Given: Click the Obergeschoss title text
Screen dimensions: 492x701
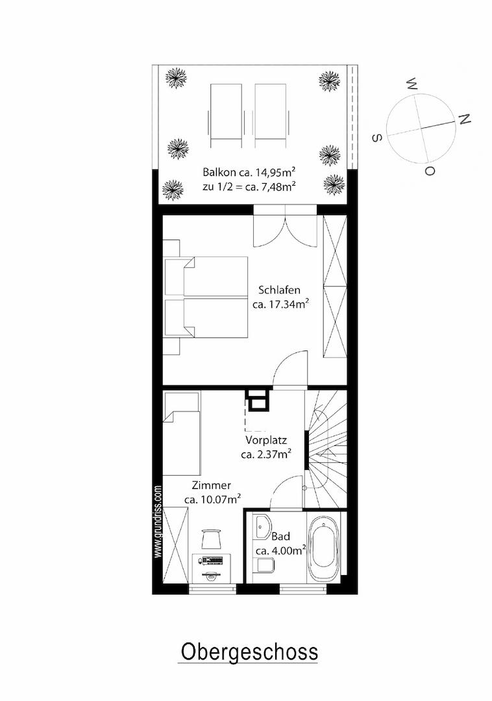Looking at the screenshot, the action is tap(249, 653).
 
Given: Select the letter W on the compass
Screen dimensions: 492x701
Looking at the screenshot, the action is tap(412, 84).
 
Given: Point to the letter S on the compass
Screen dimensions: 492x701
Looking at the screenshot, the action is tap(377, 138).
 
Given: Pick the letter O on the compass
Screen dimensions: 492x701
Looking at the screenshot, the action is tap(430, 171).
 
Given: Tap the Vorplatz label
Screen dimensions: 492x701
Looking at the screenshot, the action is tap(266, 440).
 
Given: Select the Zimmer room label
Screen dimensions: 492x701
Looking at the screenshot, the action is tap(212, 485).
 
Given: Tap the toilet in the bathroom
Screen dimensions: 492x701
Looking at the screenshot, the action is tap(264, 565).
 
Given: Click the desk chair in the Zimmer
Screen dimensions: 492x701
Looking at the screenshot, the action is tap(212, 539).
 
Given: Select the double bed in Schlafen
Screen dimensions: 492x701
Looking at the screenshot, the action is tap(205, 297).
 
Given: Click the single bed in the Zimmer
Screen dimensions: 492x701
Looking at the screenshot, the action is tap(182, 433).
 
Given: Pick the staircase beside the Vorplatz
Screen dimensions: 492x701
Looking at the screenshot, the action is tap(326, 449).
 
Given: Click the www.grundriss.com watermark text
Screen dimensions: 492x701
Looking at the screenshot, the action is tap(158, 521).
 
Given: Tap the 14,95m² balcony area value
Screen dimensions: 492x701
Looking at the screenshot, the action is tap(271, 173).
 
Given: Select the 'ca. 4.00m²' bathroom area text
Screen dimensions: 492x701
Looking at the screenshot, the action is tap(281, 550).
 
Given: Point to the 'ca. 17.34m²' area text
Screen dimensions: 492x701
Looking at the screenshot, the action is tap(282, 305).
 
